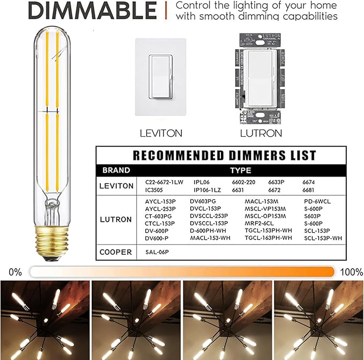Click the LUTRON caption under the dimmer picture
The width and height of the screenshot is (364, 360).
253,133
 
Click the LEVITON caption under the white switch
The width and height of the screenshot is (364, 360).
160,133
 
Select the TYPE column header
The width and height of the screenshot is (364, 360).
244,170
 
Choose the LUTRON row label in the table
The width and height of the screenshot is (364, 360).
116,219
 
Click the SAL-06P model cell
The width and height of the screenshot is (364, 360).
158,251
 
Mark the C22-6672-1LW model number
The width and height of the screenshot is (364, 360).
164,182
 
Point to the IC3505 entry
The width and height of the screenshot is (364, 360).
155,189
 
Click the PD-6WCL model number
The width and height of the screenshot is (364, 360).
317,201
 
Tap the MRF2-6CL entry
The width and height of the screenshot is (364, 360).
259,223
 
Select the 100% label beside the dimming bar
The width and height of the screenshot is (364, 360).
351,271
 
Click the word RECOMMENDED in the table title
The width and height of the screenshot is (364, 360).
180,156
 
